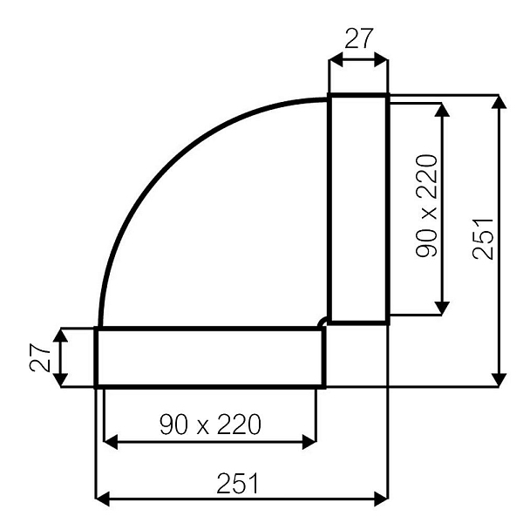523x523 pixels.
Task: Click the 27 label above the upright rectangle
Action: [358, 38]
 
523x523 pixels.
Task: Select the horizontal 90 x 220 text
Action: [210, 425]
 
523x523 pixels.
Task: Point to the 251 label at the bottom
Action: [241, 481]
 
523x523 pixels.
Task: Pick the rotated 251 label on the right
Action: [484, 239]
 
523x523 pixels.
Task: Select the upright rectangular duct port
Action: [357, 208]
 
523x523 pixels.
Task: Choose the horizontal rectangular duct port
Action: [210, 357]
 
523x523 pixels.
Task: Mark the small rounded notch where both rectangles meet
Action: [324, 323]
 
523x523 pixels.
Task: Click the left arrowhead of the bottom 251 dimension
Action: [101, 498]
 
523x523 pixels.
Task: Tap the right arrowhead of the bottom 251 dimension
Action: [381, 498]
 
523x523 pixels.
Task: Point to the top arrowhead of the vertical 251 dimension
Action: [499, 102]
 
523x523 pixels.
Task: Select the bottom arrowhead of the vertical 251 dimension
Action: [499, 380]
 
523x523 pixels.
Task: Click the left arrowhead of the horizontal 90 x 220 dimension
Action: [109, 442]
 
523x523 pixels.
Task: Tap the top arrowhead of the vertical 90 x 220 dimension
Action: [443, 109]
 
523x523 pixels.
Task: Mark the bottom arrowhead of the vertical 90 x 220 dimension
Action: [443, 308]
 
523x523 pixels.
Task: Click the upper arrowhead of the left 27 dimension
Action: [60, 335]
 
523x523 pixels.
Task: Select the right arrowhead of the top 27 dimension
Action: [381, 60]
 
